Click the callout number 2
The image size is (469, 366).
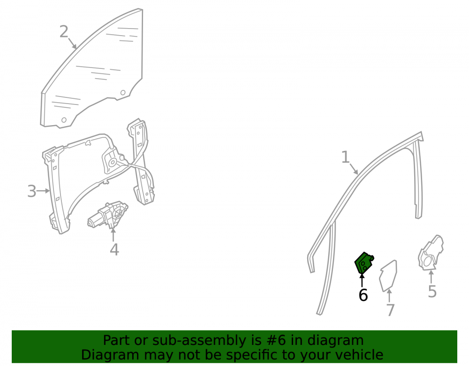pos(64,32)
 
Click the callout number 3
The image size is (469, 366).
pos(32,191)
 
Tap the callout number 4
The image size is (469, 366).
pos(114,250)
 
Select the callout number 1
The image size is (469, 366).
pos(346,157)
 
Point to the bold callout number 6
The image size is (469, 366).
pos(363,295)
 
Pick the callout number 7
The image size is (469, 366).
pos(391,310)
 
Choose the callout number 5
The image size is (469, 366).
pos(432,291)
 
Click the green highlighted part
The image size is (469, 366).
pos(364,262)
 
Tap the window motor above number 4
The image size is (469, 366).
pos(108,215)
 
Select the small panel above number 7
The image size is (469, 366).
pos(388,276)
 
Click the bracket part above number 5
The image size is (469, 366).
pos(431,253)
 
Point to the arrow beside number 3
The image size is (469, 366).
pos(43,191)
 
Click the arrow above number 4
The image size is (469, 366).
pos(113,234)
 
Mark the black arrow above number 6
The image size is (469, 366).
pos(362,280)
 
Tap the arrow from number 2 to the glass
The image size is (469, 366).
pos(72,43)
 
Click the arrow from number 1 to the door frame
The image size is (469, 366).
pos(354,169)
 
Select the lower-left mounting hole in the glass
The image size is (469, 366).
pos(64,120)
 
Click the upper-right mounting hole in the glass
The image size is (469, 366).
pos(122,93)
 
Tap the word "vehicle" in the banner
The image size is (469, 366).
pos(359,355)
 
